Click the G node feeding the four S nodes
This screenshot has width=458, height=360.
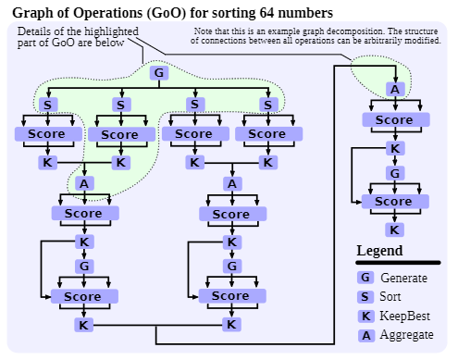(157, 73)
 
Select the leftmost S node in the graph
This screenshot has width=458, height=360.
(47, 105)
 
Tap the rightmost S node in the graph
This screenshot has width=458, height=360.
(268, 105)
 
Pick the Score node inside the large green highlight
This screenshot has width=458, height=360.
(119, 135)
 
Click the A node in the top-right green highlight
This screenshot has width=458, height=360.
(395, 90)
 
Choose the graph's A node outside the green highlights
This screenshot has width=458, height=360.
(232, 183)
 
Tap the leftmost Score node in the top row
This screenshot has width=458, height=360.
(43, 134)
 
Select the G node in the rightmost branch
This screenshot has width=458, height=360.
(395, 173)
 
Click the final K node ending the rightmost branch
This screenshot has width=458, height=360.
(395, 230)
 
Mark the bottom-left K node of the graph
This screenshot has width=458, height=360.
(84, 325)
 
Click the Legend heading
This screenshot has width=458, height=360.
(379, 251)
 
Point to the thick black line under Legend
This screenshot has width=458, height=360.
(398, 263)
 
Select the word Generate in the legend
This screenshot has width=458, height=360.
(403, 278)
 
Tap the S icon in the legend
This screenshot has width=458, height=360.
(365, 297)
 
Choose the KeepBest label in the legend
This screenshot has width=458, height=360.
(406, 316)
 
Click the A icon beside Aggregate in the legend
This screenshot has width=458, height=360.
(365, 335)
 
